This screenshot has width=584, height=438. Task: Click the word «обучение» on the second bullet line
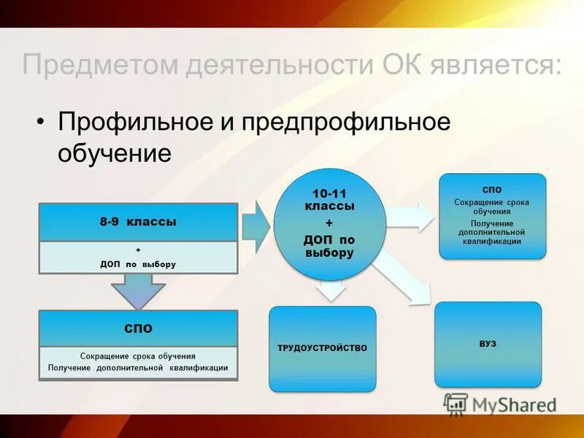[115, 153]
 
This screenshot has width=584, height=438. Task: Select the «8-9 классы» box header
[138, 221]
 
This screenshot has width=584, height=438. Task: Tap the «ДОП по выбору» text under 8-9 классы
[138, 264]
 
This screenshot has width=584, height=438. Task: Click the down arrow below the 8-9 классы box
[138, 290]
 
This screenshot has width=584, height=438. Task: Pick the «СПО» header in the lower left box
[138, 328]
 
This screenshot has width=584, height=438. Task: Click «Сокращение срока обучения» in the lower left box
[138, 356]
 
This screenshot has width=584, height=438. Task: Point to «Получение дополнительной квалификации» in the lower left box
[138, 368]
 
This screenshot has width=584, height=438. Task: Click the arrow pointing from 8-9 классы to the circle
[256, 227]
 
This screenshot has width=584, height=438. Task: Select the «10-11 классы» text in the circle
[328, 200]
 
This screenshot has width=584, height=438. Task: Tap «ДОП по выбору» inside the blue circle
[328, 245]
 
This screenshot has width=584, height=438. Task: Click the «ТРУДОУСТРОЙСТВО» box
[322, 348]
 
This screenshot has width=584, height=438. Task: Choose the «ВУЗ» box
[488, 343]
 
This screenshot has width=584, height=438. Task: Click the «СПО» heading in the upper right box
[492, 190]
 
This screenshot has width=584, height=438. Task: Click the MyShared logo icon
[456, 404]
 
